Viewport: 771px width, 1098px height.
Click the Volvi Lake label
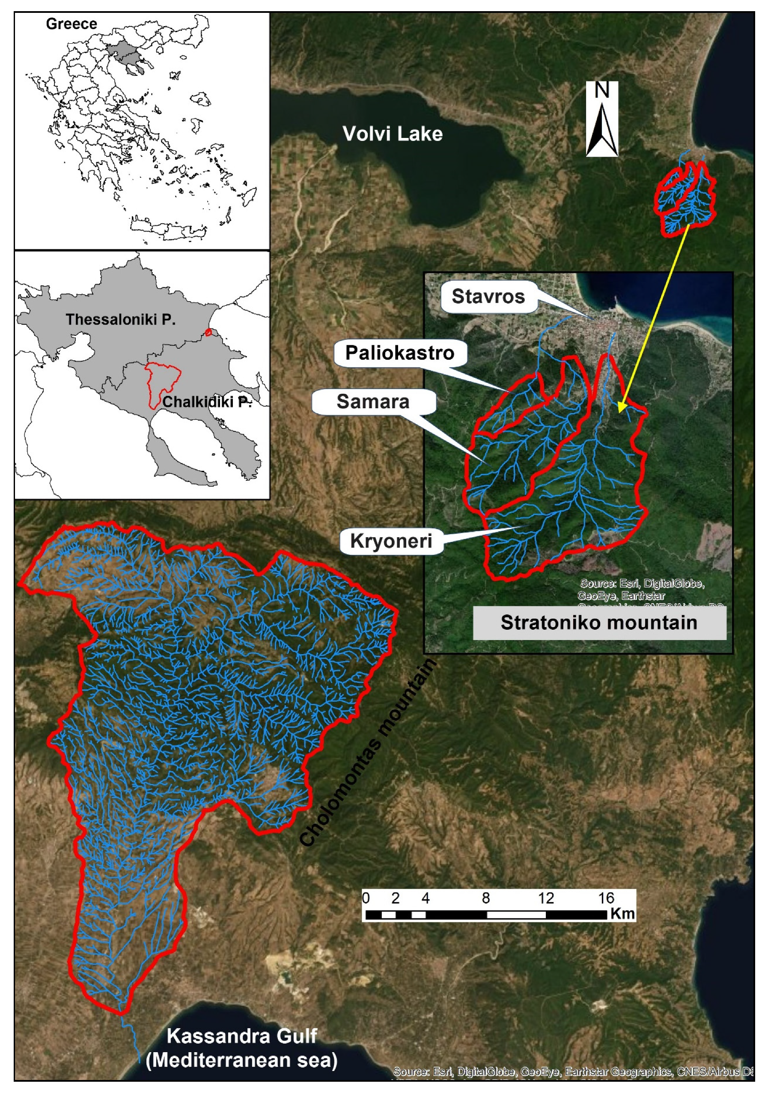[392, 134]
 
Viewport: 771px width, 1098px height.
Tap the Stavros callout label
[488, 296]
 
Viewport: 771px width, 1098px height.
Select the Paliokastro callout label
[399, 353]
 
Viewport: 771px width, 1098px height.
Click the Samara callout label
[373, 402]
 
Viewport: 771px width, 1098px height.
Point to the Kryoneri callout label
[390, 542]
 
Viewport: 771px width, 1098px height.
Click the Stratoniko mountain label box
[598, 622]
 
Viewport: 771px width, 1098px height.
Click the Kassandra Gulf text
[241, 1036]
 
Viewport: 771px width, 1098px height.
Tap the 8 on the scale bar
[485, 898]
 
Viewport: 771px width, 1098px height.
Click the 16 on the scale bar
[606, 898]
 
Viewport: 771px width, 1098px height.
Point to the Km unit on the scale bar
[622, 913]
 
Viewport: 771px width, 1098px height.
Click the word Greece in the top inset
[71, 24]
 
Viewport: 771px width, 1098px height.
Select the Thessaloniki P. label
[120, 320]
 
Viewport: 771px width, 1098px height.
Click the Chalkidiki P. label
[206, 402]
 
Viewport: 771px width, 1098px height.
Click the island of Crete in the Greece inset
[167, 229]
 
